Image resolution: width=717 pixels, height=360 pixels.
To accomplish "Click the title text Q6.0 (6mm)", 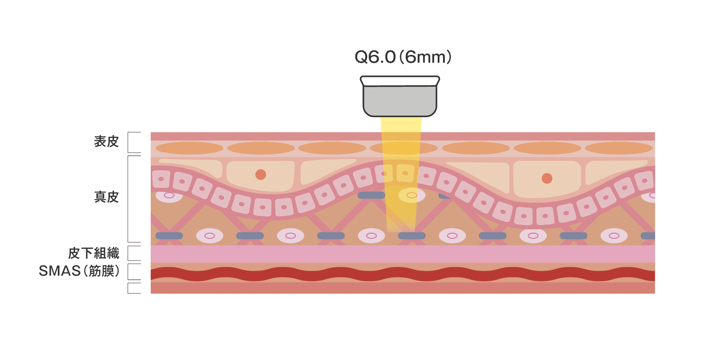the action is [x=403, y=57].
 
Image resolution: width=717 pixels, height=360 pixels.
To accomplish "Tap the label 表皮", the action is [x=106, y=142].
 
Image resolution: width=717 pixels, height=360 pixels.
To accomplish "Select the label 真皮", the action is [x=106, y=197].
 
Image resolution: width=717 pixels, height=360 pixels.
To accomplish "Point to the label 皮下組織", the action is [x=94, y=253].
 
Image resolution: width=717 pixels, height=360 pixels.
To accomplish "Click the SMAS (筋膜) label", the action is [x=79, y=271].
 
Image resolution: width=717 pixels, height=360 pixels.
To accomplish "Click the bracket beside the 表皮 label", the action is [x=128, y=142].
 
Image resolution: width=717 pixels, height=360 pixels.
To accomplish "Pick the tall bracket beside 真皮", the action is [x=128, y=199].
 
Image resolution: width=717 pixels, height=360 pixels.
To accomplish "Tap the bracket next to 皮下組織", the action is [x=128, y=253].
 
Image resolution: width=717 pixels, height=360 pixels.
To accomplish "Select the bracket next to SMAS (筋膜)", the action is [x=128, y=272].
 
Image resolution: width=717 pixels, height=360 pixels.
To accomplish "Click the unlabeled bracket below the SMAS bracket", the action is [x=128, y=288].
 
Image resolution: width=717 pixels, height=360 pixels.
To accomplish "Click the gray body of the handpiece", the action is [x=400, y=102].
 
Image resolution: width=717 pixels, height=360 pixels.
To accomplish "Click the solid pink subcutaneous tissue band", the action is [x=403, y=254].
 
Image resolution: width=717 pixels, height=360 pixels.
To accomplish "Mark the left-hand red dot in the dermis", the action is [x=261, y=175].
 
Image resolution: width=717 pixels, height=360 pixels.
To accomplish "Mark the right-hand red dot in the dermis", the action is [x=547, y=179].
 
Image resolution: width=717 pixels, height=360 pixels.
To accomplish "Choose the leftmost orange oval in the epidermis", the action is [x=189, y=148].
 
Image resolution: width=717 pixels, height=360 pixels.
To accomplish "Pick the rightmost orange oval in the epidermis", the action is [x=619, y=148].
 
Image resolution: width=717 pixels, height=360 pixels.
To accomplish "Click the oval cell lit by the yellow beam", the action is [x=412, y=195].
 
